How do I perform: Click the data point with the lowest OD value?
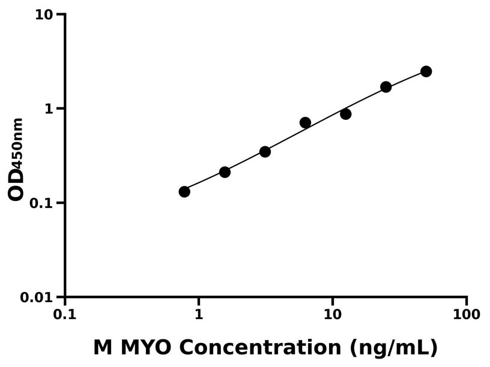(x=184, y=192)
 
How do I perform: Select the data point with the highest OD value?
(x=426, y=71)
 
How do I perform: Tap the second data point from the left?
(x=225, y=172)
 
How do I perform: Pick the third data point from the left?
(x=265, y=152)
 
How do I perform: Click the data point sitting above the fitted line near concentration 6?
(x=305, y=122)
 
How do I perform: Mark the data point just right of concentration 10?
(x=345, y=114)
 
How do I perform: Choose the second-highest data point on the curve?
(x=386, y=87)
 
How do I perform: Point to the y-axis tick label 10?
(x=44, y=14)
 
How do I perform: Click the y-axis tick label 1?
(x=50, y=109)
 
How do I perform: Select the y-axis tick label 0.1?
(x=42, y=203)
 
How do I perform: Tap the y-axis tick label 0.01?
(x=37, y=297)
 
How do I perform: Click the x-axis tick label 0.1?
(x=64, y=315)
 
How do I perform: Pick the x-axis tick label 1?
(x=199, y=315)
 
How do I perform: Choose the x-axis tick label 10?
(x=332, y=315)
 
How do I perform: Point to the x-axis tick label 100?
(x=466, y=315)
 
